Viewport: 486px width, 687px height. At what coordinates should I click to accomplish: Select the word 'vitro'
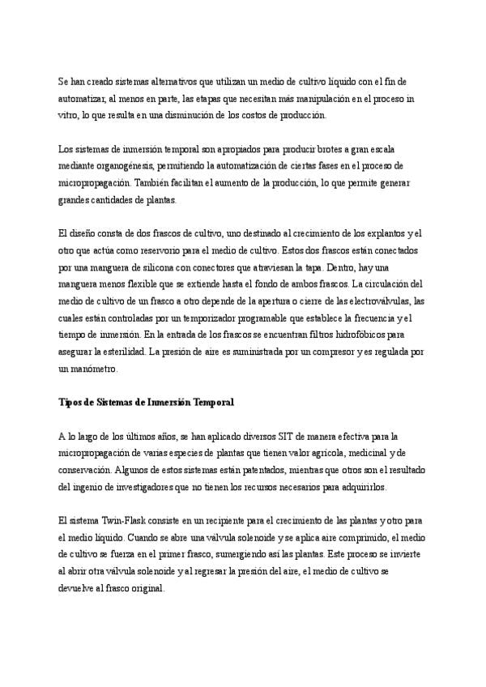[68, 116]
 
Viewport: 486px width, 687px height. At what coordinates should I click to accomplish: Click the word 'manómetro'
[95, 371]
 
